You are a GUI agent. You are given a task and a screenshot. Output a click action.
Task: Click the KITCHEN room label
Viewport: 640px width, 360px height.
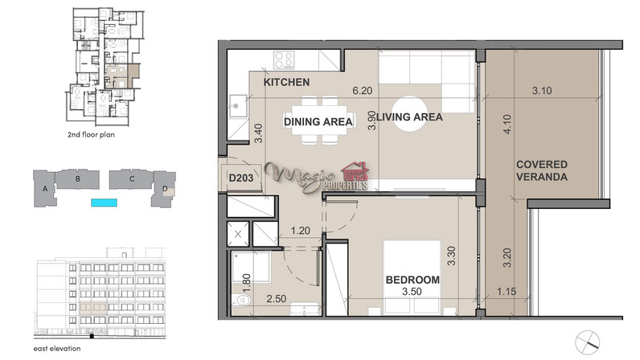click(x=286, y=82)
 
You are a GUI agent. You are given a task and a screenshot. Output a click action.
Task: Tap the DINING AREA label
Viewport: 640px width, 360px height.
click(x=318, y=121)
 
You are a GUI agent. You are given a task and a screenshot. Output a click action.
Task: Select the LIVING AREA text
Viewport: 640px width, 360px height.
click(x=409, y=117)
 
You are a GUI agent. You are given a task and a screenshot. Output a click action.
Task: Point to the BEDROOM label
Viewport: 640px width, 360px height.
click(x=412, y=280)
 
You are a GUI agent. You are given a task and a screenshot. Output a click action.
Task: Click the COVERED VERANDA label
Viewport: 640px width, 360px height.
click(x=542, y=170)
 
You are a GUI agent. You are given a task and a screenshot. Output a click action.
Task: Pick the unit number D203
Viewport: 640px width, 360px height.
click(x=241, y=178)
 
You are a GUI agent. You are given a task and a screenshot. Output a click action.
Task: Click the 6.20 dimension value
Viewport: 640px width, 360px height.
click(x=363, y=91)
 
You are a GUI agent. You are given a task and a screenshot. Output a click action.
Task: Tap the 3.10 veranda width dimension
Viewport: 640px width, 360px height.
click(x=542, y=91)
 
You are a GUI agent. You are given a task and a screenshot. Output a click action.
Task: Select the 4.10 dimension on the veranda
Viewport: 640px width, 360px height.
click(x=507, y=124)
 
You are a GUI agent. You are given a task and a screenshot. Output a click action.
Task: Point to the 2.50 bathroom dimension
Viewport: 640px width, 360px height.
click(x=277, y=299)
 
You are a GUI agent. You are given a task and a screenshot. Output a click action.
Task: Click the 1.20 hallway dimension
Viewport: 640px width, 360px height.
click(x=301, y=231)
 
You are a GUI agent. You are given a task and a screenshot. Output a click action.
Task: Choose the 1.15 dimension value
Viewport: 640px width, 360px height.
click(x=507, y=292)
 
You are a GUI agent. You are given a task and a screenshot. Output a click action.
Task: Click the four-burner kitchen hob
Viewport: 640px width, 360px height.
click(x=284, y=59)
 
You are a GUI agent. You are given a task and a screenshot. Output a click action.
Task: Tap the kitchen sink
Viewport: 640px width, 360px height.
click(x=237, y=106)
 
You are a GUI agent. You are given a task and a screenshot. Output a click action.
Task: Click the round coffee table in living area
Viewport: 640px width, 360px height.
click(x=409, y=113)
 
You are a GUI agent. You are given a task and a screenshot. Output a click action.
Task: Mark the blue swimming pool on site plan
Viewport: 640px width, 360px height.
click(x=104, y=202)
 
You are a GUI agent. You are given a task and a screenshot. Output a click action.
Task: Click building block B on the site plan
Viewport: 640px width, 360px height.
click(x=77, y=178)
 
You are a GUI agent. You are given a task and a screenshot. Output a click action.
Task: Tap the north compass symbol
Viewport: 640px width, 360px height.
click(x=588, y=342)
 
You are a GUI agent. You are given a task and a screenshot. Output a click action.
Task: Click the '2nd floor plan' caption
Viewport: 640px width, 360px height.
click(x=91, y=135)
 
